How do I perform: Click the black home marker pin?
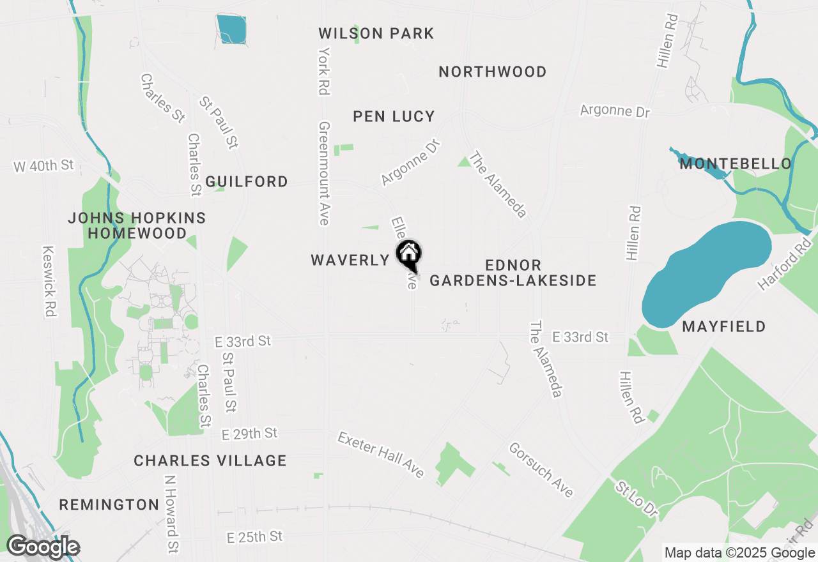(409, 255)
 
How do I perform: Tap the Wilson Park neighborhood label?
(376, 33)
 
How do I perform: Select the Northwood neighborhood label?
(492, 72)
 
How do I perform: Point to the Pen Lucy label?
(394, 116)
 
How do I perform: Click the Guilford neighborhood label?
(247, 182)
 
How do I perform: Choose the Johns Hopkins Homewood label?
(137, 225)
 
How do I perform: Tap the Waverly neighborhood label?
(350, 260)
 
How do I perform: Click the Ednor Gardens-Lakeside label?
(513, 273)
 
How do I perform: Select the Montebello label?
(736, 164)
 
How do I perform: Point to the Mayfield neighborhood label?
(723, 327)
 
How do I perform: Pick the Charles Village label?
(210, 460)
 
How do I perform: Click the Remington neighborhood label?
(109, 505)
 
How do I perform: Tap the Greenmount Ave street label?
(324, 174)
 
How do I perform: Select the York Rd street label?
(324, 71)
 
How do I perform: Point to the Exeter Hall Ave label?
(381, 455)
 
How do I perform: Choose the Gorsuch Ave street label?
(541, 469)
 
